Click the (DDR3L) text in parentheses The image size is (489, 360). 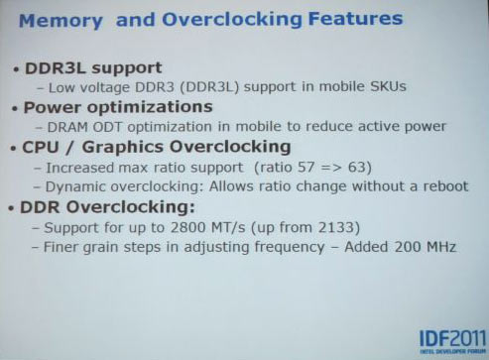214,87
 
